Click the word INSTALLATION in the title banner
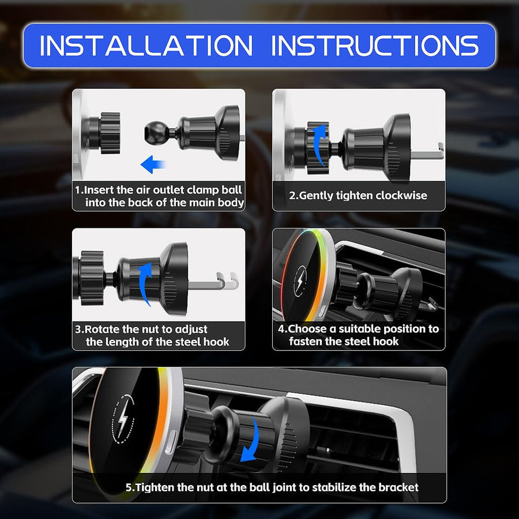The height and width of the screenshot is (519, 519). pyautogui.click(x=146, y=46)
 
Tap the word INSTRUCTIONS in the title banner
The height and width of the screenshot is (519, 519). pyautogui.click(x=375, y=46)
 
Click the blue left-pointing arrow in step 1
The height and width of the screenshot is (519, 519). pyautogui.click(x=153, y=164)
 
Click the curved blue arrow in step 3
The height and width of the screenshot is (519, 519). pyautogui.click(x=146, y=283)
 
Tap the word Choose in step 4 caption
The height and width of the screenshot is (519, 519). pyautogui.click(x=307, y=329)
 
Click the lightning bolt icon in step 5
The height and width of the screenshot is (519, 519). pyautogui.click(x=122, y=419)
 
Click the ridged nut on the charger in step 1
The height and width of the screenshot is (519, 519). pyautogui.click(x=109, y=133)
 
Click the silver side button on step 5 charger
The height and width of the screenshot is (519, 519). pyautogui.click(x=171, y=442)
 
